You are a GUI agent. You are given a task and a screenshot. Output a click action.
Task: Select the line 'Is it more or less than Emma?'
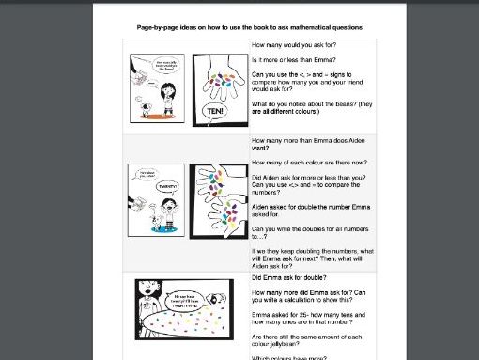point(295,58)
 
